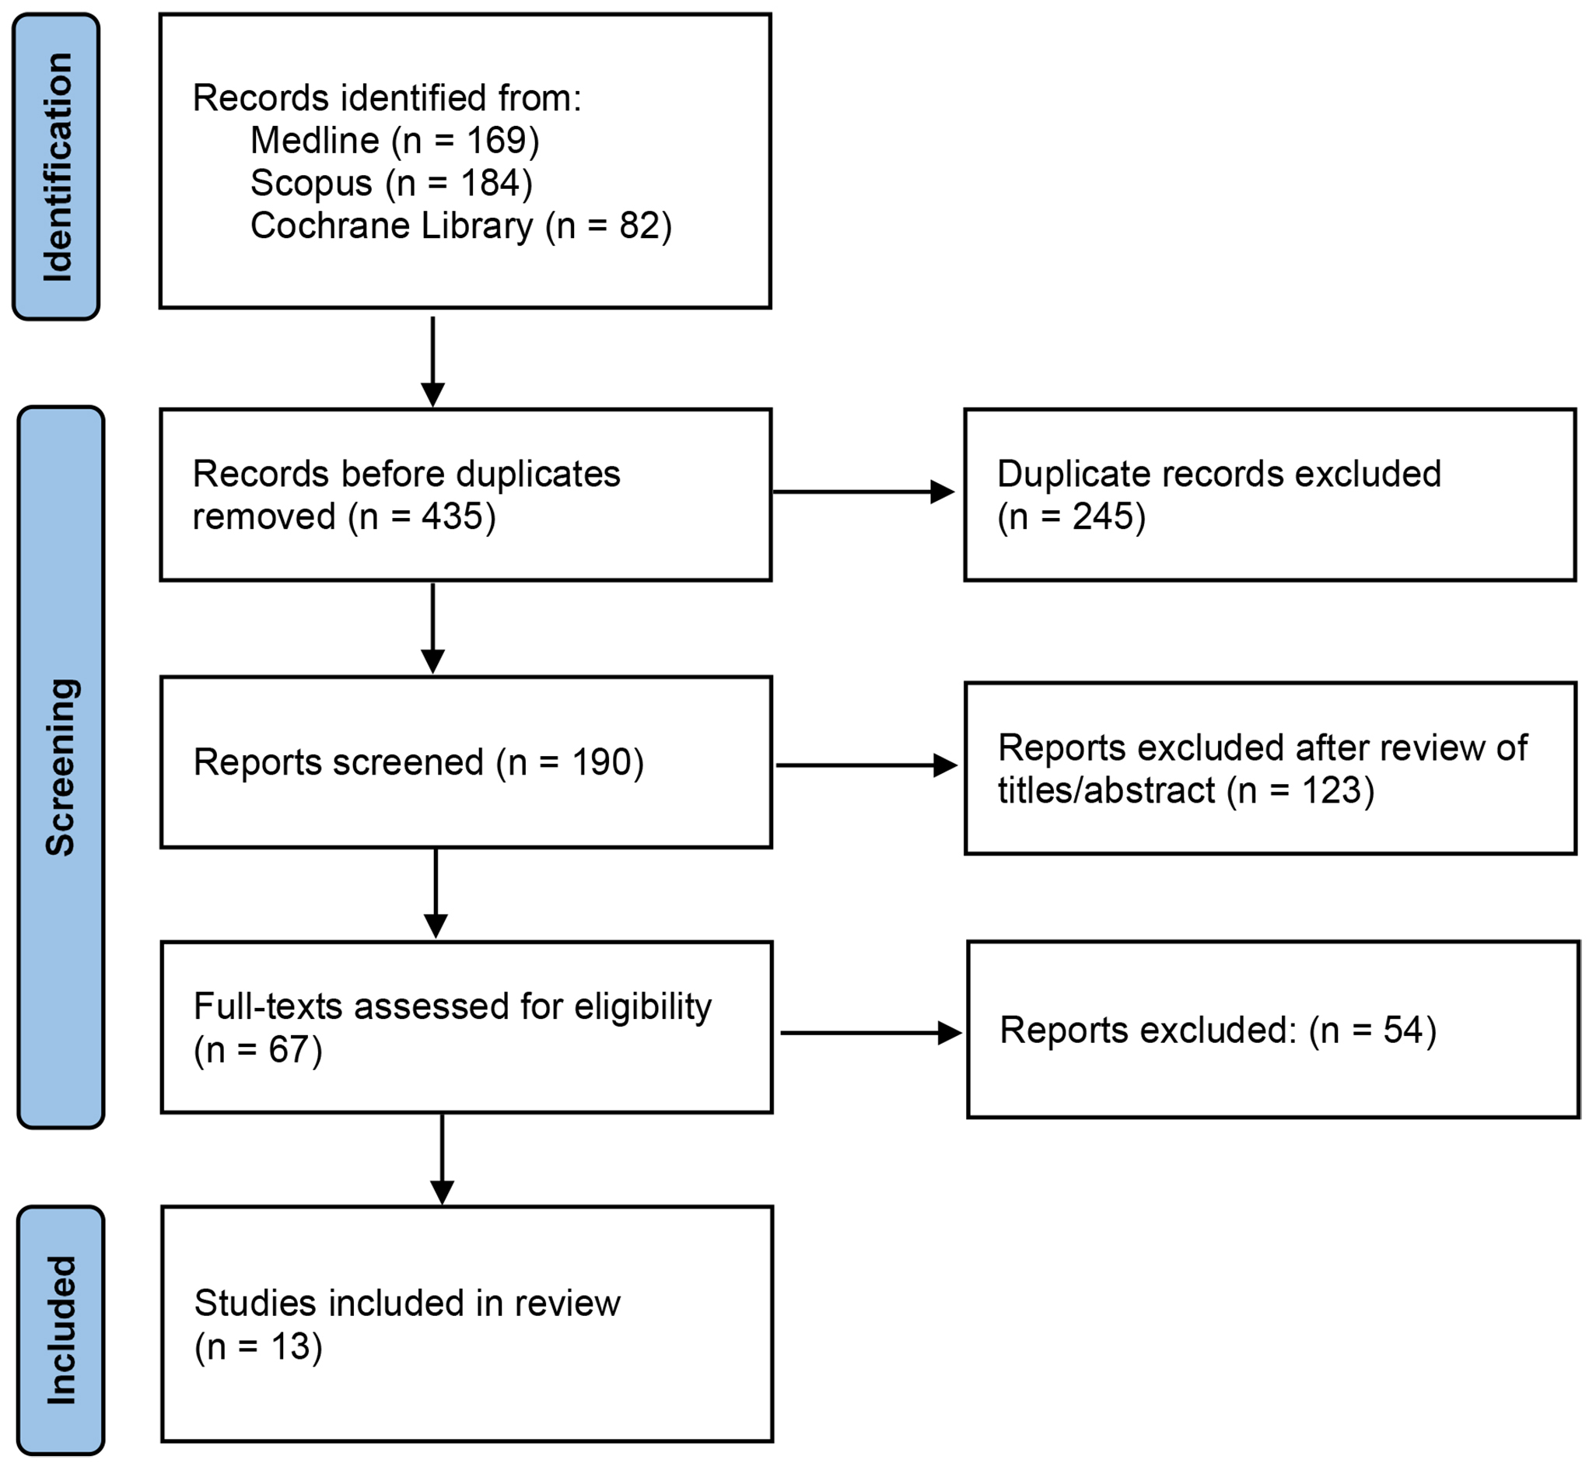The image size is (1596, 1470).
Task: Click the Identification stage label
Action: (x=58, y=167)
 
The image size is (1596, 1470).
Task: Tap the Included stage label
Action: (x=61, y=1330)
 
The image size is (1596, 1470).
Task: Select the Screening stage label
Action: (x=61, y=768)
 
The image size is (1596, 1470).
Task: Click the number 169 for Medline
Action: (x=496, y=141)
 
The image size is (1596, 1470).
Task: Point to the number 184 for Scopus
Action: (x=490, y=183)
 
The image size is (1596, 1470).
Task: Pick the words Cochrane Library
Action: (x=391, y=226)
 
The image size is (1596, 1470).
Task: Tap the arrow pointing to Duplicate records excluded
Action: (x=864, y=492)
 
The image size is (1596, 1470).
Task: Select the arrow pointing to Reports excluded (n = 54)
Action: (x=872, y=1034)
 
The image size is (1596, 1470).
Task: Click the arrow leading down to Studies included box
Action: (x=443, y=1160)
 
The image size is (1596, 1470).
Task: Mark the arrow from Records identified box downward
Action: (x=432, y=362)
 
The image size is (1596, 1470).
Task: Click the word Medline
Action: (x=315, y=141)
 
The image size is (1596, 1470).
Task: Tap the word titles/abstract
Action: (x=1107, y=791)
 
